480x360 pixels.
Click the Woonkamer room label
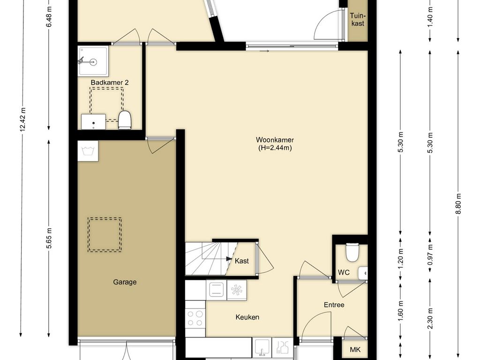click(275, 140)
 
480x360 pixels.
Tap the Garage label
click(125, 282)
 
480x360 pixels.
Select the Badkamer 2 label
click(110, 82)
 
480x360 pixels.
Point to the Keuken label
click(247, 317)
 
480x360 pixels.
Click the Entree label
click(334, 305)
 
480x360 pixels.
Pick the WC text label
click(344, 272)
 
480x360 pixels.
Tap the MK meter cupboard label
click(355, 350)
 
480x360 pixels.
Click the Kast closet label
click(242, 261)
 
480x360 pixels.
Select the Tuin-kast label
click(358, 19)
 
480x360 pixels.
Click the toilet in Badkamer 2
click(125, 120)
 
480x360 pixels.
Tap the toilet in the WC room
click(352, 252)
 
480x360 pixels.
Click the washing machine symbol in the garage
click(88, 151)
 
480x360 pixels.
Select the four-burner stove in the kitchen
click(195, 318)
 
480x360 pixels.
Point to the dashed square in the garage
click(105, 235)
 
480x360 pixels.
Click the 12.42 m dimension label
click(22, 120)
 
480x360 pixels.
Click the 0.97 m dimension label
click(430, 255)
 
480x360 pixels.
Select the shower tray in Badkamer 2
click(93, 61)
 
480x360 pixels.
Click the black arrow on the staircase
click(229, 259)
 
